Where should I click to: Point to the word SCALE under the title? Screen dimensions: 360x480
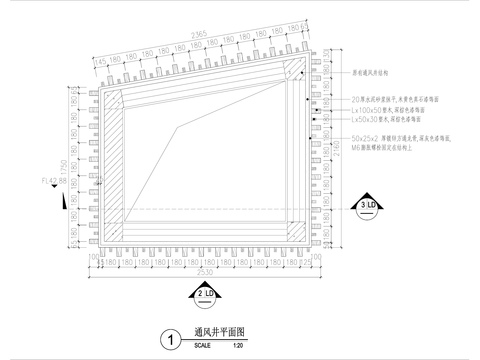[x=202, y=346]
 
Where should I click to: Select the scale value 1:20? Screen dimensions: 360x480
[x=237, y=346]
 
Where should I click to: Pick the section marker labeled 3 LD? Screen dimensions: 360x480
[x=365, y=207]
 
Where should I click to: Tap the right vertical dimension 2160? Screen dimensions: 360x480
[x=337, y=150]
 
